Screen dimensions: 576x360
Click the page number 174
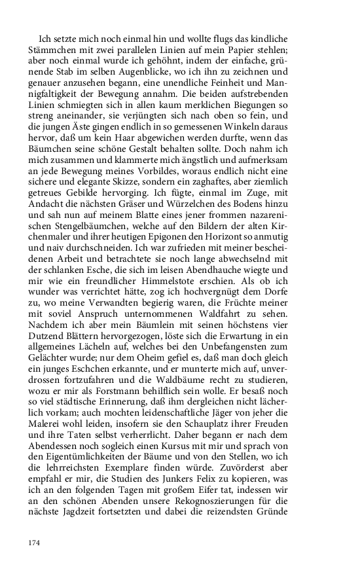35,543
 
